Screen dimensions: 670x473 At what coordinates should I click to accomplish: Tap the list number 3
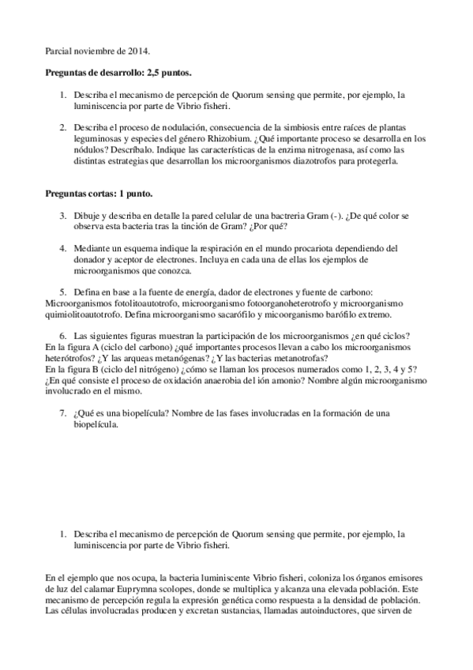[63, 215]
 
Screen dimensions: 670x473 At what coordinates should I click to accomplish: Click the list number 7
[63, 412]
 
